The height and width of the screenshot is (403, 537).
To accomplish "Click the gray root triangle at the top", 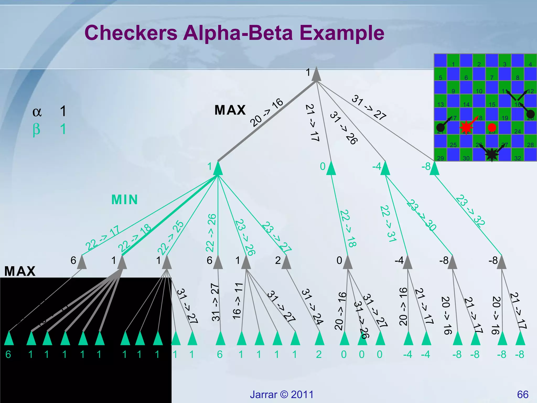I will (316, 75).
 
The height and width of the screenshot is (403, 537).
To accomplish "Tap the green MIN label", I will (125, 200).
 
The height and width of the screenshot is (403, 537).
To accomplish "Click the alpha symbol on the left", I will (37, 112).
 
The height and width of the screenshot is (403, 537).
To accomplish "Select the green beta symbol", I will (36, 130).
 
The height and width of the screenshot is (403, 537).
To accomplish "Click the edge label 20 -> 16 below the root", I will (266, 113).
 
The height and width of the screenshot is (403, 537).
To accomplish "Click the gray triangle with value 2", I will (286, 262).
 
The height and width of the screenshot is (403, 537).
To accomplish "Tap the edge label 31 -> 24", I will (312, 306).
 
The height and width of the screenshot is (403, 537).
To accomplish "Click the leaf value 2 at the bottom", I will (319, 354).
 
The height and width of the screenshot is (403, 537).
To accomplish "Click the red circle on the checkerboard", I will (492, 128).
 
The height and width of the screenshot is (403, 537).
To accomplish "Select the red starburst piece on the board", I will (466, 128).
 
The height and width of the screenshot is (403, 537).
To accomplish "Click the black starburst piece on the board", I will (492, 154).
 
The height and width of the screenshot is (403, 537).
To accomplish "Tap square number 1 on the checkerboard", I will (453, 64).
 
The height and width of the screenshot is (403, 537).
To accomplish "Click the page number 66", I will (523, 395).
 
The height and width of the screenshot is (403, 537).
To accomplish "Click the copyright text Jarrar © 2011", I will (282, 395).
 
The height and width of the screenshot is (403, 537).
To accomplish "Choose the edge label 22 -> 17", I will (102, 238).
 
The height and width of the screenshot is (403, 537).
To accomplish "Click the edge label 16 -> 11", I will (238, 301).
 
